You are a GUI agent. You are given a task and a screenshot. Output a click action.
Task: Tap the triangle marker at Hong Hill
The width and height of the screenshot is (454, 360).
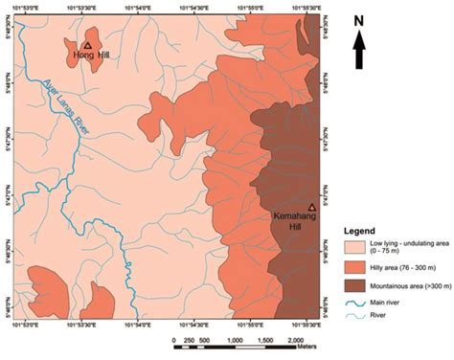pos(87,44)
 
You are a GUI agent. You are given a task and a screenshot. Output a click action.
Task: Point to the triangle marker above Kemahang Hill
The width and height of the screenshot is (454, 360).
pos(312,206)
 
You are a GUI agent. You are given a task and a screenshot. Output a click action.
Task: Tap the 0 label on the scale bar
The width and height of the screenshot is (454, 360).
pos(174,340)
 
